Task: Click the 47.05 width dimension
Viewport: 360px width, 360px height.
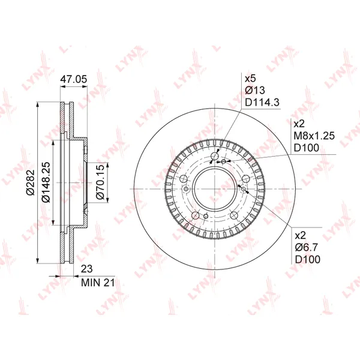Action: click(74, 79)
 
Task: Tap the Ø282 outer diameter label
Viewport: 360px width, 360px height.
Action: click(31, 182)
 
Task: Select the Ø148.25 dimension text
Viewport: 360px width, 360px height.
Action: click(46, 182)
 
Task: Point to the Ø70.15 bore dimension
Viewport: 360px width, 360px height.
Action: click(100, 182)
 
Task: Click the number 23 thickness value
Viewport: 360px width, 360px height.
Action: click(87, 269)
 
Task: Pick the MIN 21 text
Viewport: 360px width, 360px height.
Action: click(98, 283)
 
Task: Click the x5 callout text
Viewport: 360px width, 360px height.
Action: click(250, 79)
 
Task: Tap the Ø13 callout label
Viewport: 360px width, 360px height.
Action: click(255, 90)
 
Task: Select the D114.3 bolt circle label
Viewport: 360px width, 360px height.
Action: click(262, 102)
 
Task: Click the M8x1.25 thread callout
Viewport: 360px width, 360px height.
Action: click(314, 136)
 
